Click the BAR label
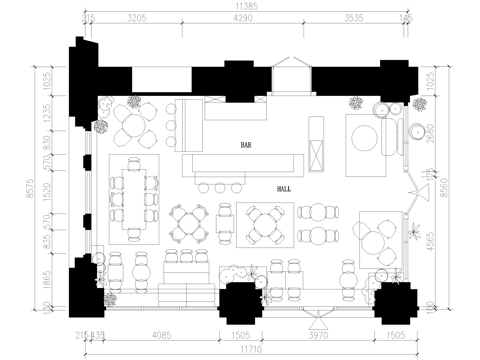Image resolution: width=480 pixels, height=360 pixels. [x=246, y=145]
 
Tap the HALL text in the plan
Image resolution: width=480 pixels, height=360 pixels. [x=283, y=187]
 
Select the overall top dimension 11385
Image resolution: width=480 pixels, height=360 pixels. [x=245, y=6]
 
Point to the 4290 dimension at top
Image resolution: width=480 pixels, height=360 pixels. [x=245, y=19]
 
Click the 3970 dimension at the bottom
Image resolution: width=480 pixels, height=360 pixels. [x=320, y=338]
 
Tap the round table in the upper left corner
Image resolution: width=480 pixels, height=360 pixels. [x=133, y=125]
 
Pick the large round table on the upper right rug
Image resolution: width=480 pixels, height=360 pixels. [x=365, y=138]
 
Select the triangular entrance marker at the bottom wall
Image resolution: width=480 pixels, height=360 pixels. [x=320, y=320]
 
